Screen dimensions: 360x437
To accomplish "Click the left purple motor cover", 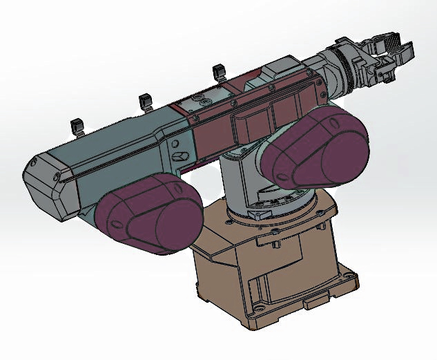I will coord(148,214).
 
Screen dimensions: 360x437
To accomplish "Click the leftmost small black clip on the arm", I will coord(77,126).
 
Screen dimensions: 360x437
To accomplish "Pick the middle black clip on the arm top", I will coord(146,101).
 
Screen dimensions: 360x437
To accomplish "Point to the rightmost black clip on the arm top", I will coord(219,71).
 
